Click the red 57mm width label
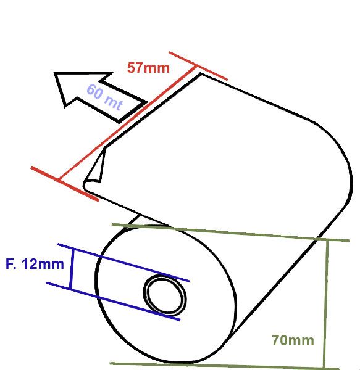148,68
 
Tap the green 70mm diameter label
293,340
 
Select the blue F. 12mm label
35,264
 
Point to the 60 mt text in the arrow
105,97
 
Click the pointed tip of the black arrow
55,73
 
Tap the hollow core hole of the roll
165,295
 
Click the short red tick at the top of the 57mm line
198,66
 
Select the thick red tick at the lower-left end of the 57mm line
65,184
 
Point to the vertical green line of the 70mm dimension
326,305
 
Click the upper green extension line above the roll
230,232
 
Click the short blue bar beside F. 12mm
72,269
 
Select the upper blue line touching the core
123,263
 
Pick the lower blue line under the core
113,301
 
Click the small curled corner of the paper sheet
94,168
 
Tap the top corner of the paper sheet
201,74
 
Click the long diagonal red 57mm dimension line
128,123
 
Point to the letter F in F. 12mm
9,264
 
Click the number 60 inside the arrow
94,91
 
